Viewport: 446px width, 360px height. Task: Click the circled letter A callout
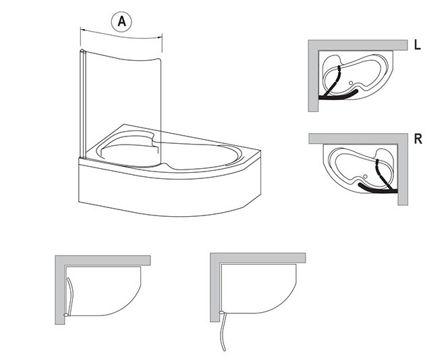pyautogui.click(x=121, y=22)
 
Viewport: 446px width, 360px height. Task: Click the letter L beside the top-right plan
pyautogui.click(x=417, y=45)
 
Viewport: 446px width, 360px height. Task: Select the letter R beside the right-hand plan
pyautogui.click(x=418, y=139)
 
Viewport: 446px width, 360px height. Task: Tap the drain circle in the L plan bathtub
pyautogui.click(x=351, y=83)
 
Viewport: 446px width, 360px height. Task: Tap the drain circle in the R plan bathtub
pyautogui.click(x=366, y=176)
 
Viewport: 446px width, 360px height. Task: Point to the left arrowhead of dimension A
pyautogui.click(x=82, y=29)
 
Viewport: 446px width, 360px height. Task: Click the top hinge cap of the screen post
pyautogui.click(x=82, y=51)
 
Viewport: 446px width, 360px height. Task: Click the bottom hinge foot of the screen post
pyautogui.click(x=83, y=157)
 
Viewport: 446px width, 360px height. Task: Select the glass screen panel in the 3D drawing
pyautogui.click(x=123, y=108)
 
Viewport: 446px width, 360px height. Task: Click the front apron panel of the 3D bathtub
pyautogui.click(x=169, y=194)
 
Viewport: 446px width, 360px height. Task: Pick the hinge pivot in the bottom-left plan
pyautogui.click(x=66, y=315)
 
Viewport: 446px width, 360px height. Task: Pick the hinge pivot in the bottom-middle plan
pyautogui.click(x=221, y=313)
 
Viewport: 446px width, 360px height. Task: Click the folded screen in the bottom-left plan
pyautogui.click(x=71, y=297)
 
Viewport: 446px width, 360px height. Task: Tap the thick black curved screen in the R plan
pyautogui.click(x=377, y=189)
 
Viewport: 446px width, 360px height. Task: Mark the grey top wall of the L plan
pyautogui.click(x=358, y=45)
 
